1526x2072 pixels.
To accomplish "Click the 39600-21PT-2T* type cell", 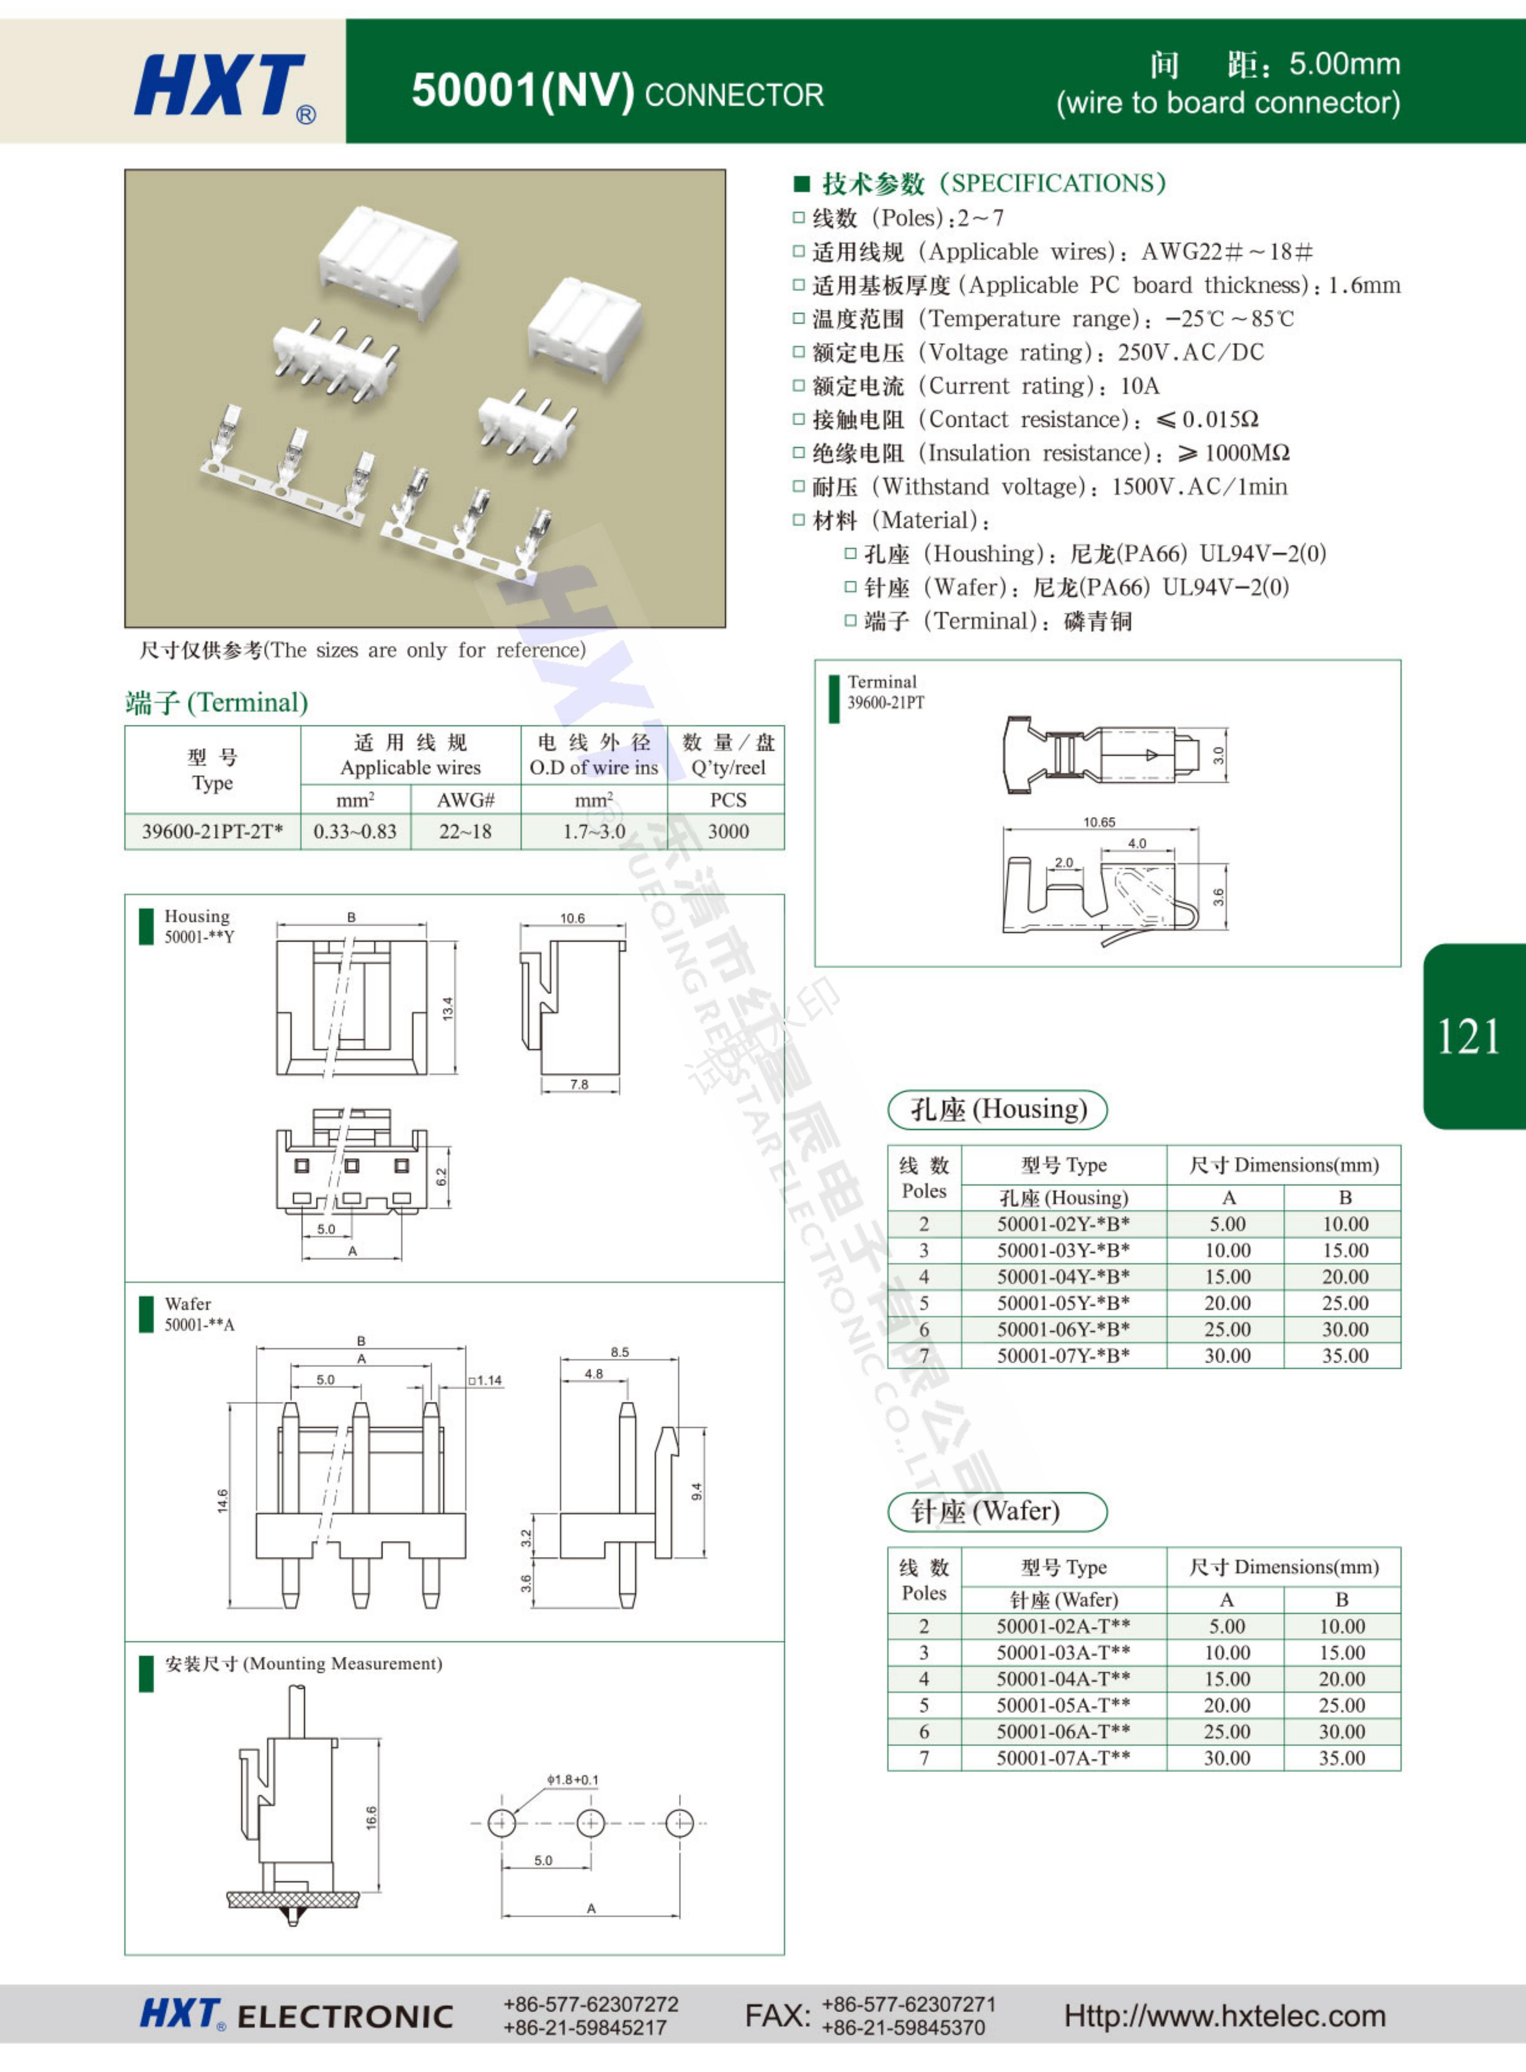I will tap(212, 831).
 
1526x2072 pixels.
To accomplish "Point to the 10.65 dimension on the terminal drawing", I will tap(1099, 822).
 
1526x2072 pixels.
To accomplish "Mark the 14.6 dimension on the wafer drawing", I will tap(222, 1501).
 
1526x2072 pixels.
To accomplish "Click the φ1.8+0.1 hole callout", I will tap(573, 1779).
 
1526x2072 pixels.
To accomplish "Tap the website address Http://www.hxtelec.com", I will tap(1225, 2016).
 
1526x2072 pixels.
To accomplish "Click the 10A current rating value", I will tap(1140, 386).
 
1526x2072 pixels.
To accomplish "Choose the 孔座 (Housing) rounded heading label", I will tap(998, 1109).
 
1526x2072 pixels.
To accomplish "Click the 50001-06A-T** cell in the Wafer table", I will tap(1063, 1731).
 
